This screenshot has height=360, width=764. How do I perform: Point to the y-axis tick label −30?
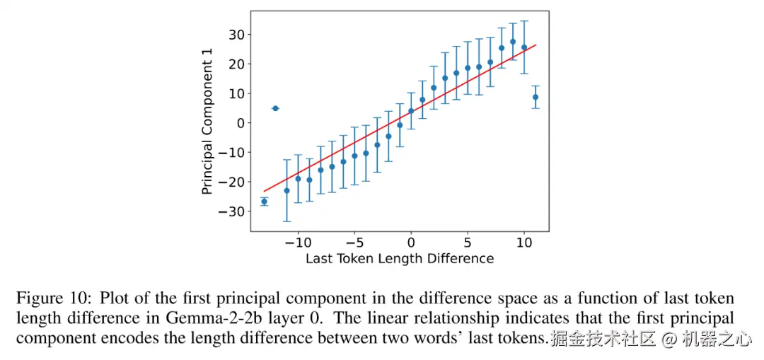coord(233,211)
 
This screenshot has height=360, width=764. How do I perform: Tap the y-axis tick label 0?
coord(241,122)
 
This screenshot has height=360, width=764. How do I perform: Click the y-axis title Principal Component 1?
coord(207,127)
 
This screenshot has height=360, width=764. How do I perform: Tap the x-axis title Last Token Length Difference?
coord(399,259)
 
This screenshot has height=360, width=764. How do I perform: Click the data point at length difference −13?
coord(264,202)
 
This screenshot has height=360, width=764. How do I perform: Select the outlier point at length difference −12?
coord(275,108)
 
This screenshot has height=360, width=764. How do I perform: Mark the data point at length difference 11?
coord(536,97)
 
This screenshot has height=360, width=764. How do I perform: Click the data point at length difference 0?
coord(411,111)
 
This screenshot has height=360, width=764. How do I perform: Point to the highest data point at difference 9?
coord(513,42)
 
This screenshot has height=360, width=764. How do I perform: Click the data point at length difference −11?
coord(286,191)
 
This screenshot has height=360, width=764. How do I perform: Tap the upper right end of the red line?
coord(536,45)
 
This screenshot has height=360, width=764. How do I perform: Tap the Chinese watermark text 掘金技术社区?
coord(602,339)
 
